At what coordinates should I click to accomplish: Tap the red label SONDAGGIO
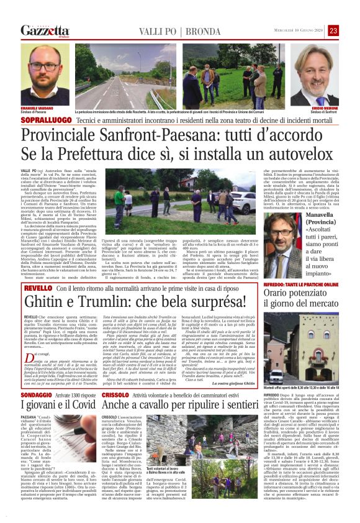(x=35, y=412)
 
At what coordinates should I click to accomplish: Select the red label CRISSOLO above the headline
(x=115, y=412)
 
